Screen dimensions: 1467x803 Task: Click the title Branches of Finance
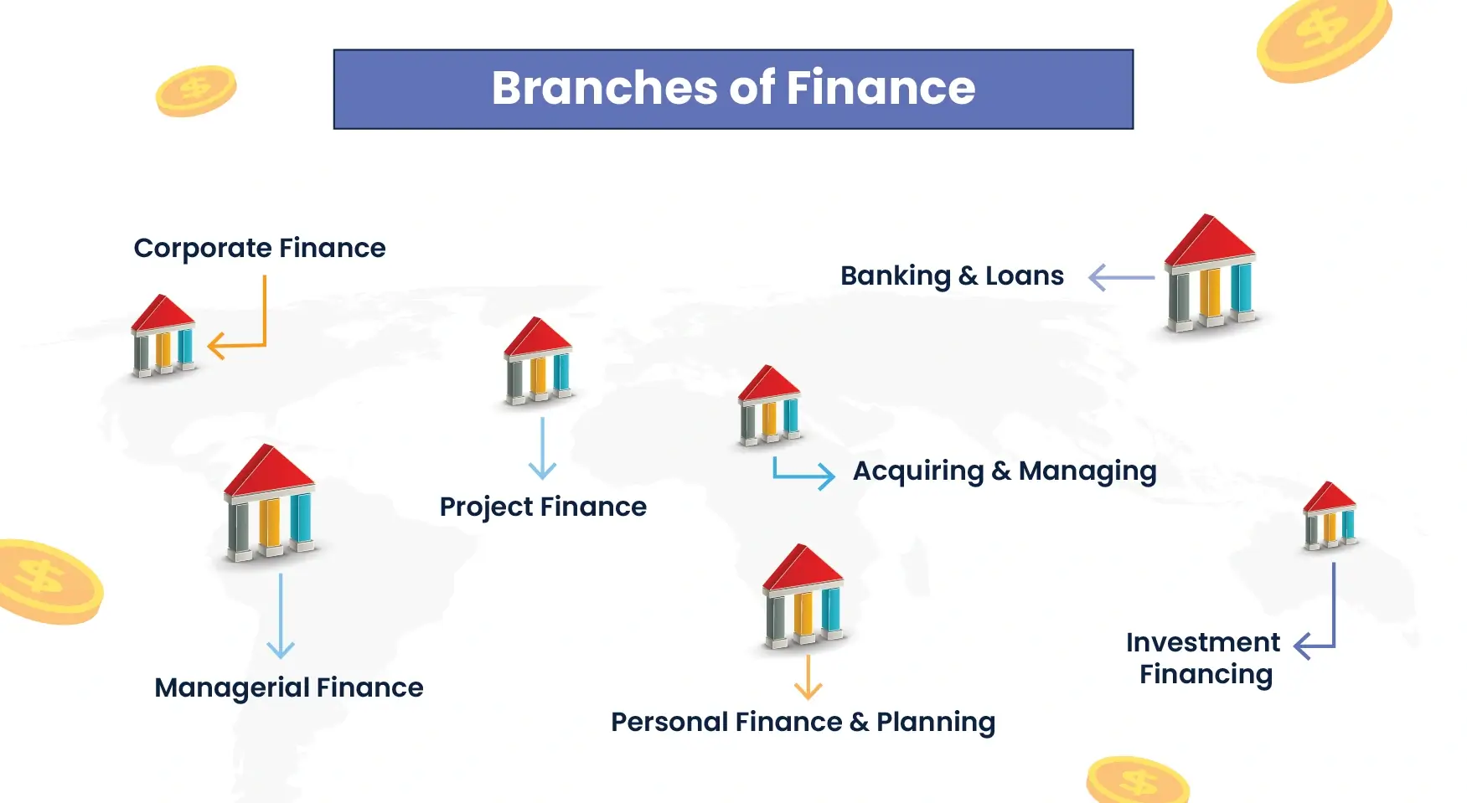[x=733, y=88]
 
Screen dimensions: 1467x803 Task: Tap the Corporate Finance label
[x=260, y=249]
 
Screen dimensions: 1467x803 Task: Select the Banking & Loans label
[x=952, y=276]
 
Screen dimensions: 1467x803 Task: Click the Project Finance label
[x=543, y=507]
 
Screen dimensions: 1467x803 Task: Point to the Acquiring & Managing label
[x=1005, y=471]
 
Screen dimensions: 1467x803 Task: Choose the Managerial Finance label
[x=289, y=688]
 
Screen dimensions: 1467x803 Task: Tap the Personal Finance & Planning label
[x=803, y=723]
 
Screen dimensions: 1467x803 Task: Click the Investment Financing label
[x=1204, y=658]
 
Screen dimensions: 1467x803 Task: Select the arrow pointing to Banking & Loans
[x=1121, y=277]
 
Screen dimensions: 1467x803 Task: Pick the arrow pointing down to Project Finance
[x=542, y=448]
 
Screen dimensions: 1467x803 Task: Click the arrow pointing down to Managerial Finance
[x=281, y=616]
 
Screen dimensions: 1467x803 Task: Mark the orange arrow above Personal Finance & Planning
[x=808, y=677]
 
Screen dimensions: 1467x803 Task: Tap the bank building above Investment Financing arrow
[x=1330, y=516]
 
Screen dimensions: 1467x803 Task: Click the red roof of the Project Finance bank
[x=537, y=337]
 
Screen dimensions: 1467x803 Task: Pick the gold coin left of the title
[x=196, y=90]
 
